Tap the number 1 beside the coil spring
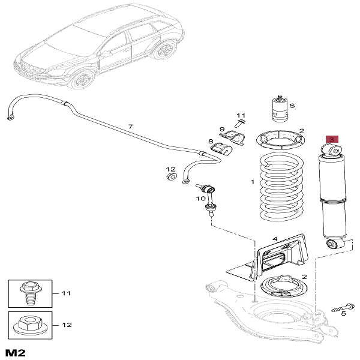click(253, 181)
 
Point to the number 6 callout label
click(292, 106)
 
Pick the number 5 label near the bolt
click(344, 313)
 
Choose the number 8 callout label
click(211, 142)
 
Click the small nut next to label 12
click(170, 177)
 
